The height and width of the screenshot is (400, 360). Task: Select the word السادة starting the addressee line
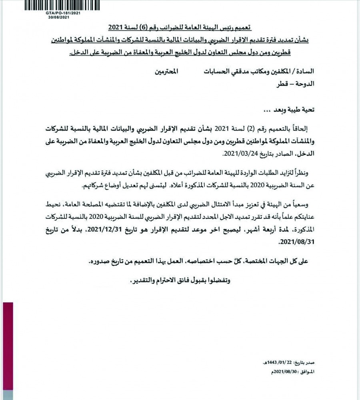pyautogui.click(x=304, y=72)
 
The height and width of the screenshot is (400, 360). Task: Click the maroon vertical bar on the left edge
pyautogui.click(x=7, y=350)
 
